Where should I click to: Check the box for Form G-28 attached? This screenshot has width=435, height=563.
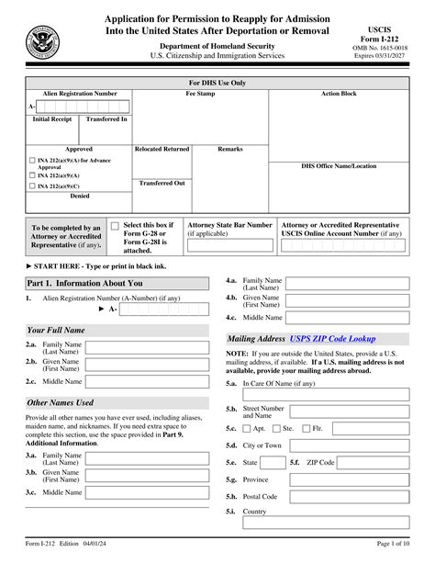tap(115, 225)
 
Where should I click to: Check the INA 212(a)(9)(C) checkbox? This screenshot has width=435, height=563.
tap(34, 185)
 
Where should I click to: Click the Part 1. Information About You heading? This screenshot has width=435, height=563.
tap(84, 283)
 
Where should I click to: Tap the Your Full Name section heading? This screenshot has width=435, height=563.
tap(56, 329)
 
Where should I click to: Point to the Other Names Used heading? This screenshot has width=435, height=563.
tap(61, 402)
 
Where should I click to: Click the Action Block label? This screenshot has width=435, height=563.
tap(339, 94)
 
